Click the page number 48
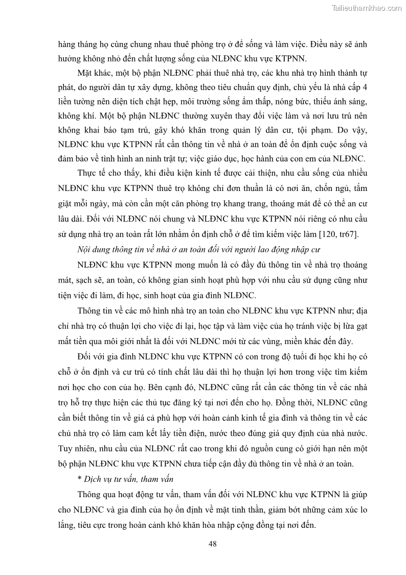coord(213,543)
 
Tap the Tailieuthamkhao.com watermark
coord(367,8)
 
